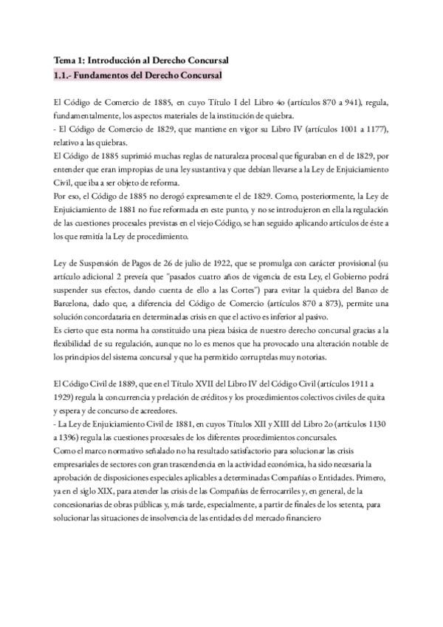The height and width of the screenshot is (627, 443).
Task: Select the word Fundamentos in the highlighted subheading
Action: [x=100, y=75]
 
